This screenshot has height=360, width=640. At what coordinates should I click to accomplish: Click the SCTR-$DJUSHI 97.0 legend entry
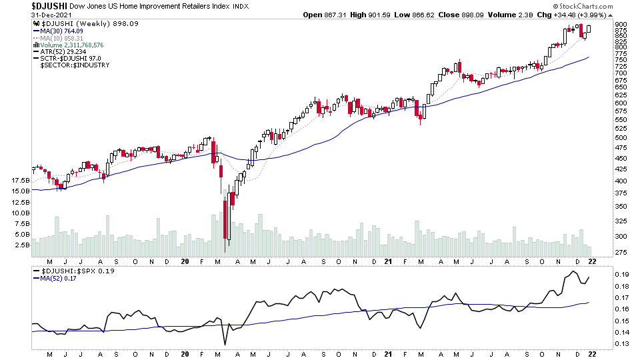point(75,59)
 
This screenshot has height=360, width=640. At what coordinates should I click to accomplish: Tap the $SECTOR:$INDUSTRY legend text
point(75,65)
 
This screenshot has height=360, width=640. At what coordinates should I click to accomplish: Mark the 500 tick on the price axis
point(621,138)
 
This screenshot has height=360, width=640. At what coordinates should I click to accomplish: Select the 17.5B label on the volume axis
point(21,181)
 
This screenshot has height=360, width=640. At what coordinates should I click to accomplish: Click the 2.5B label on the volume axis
point(21,245)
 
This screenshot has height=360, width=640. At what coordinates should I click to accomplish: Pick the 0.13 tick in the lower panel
point(621,344)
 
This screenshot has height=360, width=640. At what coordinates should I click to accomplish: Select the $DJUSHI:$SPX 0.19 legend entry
point(69,271)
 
